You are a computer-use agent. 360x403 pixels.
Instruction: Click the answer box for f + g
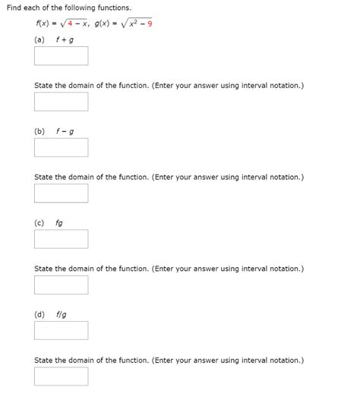pos(61,56)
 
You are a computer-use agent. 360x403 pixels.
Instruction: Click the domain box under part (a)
pos(61,102)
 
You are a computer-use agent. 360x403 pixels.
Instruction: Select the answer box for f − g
pos(61,147)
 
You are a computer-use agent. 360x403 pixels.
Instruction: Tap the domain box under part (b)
pos(61,194)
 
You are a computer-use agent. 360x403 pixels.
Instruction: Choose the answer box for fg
pos(61,239)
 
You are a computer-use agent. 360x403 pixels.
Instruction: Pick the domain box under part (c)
pos(61,285)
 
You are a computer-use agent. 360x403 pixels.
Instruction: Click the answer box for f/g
pos(61,330)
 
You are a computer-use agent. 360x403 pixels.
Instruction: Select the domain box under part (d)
pos(61,376)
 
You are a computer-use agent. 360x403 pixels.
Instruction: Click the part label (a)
pos(39,39)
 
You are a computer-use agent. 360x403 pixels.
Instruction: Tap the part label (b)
pos(39,131)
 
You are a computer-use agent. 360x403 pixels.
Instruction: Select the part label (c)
pos(39,223)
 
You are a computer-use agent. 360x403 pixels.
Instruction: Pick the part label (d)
pos(39,314)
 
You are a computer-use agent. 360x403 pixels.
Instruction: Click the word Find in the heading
pos(15,8)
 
